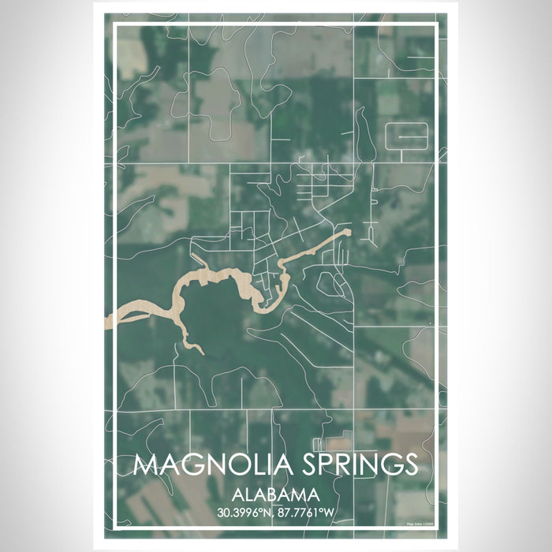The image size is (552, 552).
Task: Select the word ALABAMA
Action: (276, 495)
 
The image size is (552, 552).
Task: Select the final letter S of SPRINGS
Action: (408, 464)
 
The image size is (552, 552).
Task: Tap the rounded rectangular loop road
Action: (406, 136)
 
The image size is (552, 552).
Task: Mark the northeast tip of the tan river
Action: (346, 232)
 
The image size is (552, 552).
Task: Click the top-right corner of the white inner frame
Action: (438, 26)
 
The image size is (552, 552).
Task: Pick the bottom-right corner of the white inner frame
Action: (438, 527)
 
